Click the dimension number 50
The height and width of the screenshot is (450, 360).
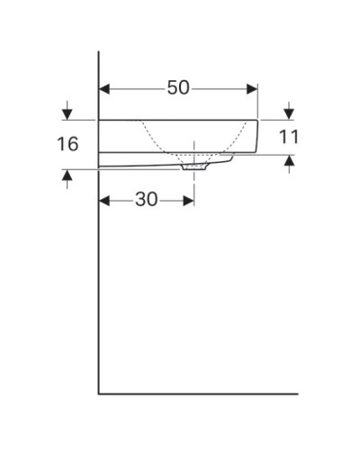178,88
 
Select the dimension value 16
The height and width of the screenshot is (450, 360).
67,143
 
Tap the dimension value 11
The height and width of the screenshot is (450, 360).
288,137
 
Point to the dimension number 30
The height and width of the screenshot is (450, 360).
147,200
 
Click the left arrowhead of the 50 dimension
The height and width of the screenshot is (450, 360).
104,88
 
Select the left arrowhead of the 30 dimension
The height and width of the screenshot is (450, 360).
104,200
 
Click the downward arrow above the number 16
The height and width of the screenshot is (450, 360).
67,113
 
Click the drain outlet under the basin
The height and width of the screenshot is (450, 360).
193,166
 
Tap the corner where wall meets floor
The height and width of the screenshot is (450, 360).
98,392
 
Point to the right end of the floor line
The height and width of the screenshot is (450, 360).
297,392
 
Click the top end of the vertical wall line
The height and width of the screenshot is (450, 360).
98,52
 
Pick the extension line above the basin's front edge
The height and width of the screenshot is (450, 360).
257,101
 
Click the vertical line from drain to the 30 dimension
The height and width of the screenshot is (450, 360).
193,184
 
